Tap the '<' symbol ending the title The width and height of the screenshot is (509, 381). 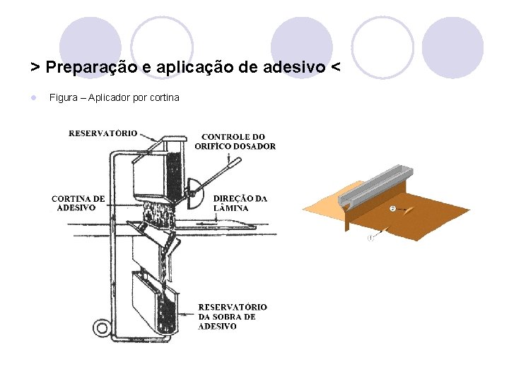pyautogui.click(x=334, y=67)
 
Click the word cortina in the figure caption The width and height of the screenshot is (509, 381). pyautogui.click(x=165, y=97)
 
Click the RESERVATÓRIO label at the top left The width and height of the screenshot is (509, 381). pyautogui.click(x=103, y=133)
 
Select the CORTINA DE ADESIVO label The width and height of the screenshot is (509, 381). pyautogui.click(x=78, y=203)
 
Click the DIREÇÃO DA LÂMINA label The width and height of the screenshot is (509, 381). pyautogui.click(x=240, y=203)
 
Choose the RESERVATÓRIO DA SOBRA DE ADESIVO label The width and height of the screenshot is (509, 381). pyautogui.click(x=232, y=317)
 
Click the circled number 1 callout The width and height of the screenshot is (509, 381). pyautogui.click(x=370, y=238)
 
